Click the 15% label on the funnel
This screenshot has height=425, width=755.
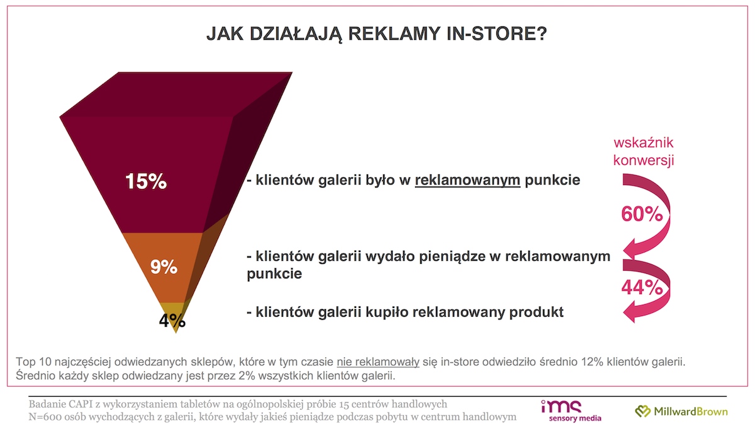tap(146, 181)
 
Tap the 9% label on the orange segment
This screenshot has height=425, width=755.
tap(164, 267)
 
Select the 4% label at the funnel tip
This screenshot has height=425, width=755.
tap(172, 320)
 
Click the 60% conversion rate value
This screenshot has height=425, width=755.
tap(642, 214)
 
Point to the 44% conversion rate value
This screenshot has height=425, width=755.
tap(642, 288)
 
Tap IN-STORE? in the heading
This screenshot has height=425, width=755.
tap(497, 34)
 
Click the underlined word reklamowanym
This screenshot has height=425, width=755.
tap(467, 180)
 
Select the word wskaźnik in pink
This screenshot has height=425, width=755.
tap(644, 143)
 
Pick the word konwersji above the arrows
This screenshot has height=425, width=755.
tap(644, 160)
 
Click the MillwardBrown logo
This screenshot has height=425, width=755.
tap(681, 411)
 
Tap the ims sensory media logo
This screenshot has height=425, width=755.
tap(571, 411)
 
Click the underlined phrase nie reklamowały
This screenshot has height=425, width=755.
tap(378, 362)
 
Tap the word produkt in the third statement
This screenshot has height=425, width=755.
tap(536, 312)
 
